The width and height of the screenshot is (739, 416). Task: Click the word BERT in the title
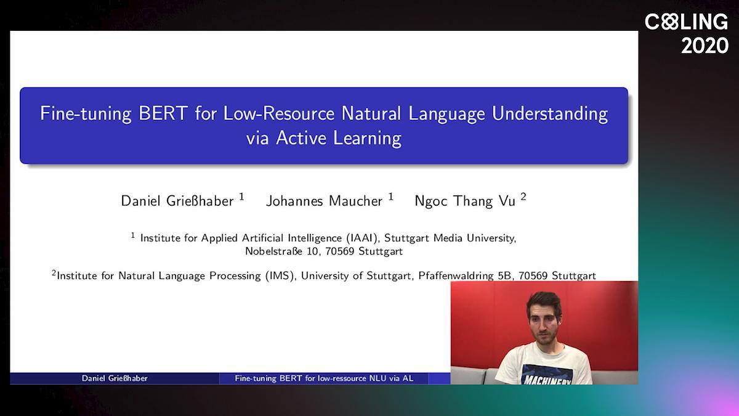(x=163, y=113)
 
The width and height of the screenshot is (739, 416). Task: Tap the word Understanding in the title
(x=549, y=114)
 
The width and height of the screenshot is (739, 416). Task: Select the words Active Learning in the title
(x=339, y=138)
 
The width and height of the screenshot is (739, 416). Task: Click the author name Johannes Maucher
(x=325, y=201)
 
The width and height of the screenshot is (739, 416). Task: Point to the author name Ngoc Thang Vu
(x=465, y=201)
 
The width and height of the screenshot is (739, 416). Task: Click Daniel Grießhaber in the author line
(x=177, y=201)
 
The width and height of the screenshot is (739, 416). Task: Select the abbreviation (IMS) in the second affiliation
(x=280, y=275)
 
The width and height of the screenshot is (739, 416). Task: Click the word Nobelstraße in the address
(x=273, y=251)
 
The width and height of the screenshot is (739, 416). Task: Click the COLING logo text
(x=686, y=22)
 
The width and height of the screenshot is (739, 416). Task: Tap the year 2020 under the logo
(x=705, y=46)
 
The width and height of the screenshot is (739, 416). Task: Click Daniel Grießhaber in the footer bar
(x=115, y=378)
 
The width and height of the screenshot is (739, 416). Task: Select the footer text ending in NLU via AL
(x=324, y=378)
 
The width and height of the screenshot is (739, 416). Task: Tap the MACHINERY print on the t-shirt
(x=547, y=380)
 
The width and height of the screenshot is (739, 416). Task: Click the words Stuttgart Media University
(x=450, y=238)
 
